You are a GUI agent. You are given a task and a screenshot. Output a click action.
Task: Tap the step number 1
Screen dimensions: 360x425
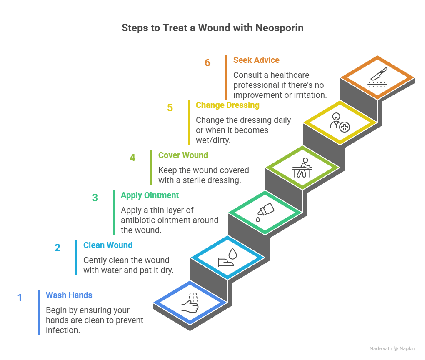coord(20,298)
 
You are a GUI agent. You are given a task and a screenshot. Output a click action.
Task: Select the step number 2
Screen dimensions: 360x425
coord(57,248)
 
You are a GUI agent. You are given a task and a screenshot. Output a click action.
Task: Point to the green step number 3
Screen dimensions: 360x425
coord(95,198)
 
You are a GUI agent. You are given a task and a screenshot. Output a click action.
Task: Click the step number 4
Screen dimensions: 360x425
coord(132,158)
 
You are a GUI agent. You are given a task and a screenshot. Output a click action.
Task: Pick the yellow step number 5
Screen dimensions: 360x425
coord(170,108)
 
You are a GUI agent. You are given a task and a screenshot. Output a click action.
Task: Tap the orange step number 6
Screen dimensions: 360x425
coord(207,63)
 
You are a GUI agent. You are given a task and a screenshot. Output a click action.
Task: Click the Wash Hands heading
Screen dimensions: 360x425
coord(69,295)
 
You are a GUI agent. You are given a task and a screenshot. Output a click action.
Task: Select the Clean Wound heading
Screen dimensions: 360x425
coord(108,245)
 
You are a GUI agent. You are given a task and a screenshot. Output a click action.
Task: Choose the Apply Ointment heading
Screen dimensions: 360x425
coord(150,195)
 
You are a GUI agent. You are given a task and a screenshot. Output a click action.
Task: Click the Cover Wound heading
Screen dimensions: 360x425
coord(183,155)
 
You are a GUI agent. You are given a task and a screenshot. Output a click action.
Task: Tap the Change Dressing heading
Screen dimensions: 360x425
coord(227,105)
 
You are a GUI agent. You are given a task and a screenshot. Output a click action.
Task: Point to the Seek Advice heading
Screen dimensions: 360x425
coord(256,60)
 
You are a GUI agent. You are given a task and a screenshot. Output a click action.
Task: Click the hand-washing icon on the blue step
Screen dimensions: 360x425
coord(190,302)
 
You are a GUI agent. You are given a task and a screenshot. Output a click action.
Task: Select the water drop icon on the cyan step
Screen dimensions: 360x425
coord(227,257)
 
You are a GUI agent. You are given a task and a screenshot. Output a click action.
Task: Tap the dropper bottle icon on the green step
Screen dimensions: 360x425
coord(265,212)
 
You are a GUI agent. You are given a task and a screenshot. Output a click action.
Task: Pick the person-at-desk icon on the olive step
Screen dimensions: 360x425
coord(302,167)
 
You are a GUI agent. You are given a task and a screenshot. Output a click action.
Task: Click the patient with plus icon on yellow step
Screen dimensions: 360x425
coord(340,122)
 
